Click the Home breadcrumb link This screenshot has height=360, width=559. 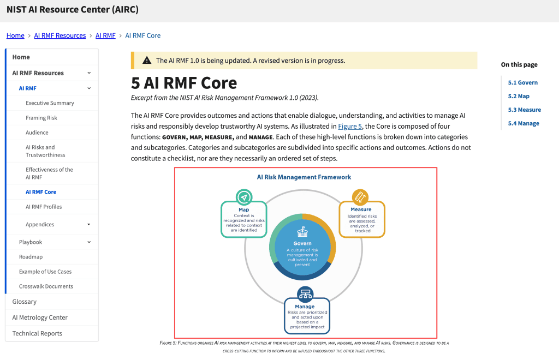[x=15, y=35]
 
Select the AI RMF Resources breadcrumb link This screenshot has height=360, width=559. [x=60, y=35]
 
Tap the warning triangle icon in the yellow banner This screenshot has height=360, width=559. [x=147, y=61]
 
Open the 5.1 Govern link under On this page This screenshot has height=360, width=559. [x=522, y=82]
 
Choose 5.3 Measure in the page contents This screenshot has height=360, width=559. [x=525, y=110]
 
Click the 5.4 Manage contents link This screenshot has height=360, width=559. [x=524, y=123]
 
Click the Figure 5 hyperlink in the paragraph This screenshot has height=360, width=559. [x=350, y=126]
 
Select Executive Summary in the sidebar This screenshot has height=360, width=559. [x=50, y=103]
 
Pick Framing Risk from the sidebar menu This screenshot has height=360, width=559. [x=41, y=118]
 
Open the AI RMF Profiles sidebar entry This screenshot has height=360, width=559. [x=44, y=207]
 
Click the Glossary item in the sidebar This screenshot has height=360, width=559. [x=24, y=302]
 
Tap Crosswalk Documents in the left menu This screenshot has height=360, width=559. [x=46, y=286]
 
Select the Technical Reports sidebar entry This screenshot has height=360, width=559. [x=37, y=333]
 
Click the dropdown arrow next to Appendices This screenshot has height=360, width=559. [x=89, y=224]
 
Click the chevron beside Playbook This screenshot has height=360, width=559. [x=89, y=242]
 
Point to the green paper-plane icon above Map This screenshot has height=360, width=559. [x=244, y=197]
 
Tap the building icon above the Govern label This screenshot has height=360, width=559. [x=302, y=232]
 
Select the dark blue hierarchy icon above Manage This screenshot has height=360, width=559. [x=306, y=295]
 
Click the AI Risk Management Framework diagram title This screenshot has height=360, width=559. [x=304, y=177]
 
